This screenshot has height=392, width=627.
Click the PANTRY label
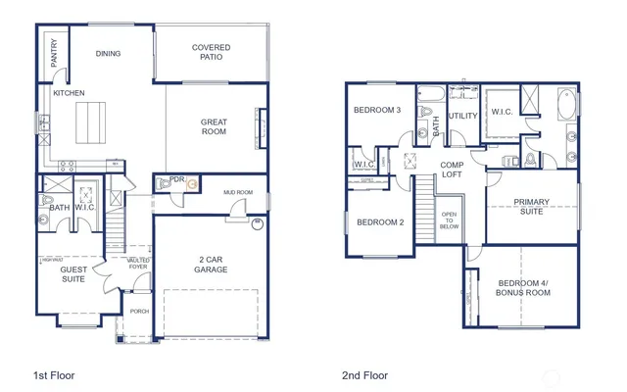pyautogui.click(x=53, y=54)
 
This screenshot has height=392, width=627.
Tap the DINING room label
pyautogui.click(x=108, y=54)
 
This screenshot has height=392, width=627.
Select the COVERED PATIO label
pyautogui.click(x=211, y=52)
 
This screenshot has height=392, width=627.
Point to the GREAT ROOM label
pyautogui.click(x=214, y=127)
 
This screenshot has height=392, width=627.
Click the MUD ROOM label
pyautogui.click(x=238, y=193)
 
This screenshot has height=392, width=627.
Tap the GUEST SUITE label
pyautogui.click(x=73, y=273)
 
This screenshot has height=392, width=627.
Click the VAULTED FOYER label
pyautogui.click(x=137, y=263)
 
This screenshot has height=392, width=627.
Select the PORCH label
pyautogui.click(x=140, y=314)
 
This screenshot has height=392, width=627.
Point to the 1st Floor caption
pyautogui.click(x=55, y=374)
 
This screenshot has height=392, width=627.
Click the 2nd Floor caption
pyautogui.click(x=364, y=374)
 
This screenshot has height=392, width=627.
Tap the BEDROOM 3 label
pyautogui.click(x=377, y=110)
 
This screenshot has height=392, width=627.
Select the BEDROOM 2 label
pyautogui.click(x=380, y=222)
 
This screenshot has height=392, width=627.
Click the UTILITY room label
pyautogui.click(x=462, y=116)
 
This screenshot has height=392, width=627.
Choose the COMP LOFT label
pyautogui.click(x=452, y=170)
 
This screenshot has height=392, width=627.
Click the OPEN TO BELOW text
pyautogui.click(x=450, y=220)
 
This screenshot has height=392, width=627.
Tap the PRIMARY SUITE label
pyautogui.click(x=533, y=207)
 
